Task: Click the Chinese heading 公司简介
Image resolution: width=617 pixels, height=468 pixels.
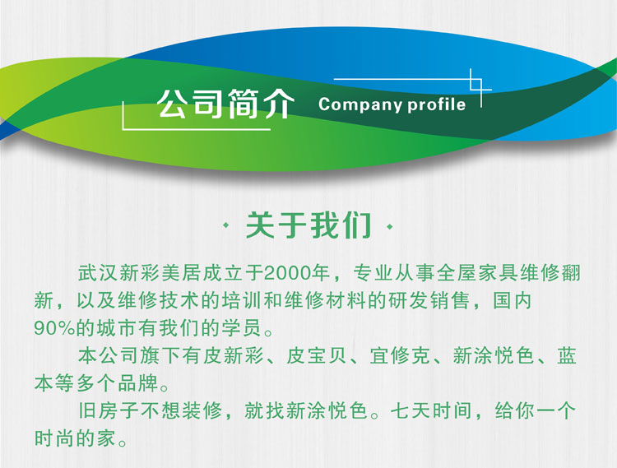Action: [226, 104]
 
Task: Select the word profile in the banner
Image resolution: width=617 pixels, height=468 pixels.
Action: [436, 104]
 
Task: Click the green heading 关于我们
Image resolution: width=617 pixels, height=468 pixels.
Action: [308, 225]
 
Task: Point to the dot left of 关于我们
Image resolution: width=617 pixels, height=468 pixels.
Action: [226, 226]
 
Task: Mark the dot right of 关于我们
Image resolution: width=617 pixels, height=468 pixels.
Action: [390, 226]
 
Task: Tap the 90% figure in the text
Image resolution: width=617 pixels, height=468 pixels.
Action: [54, 328]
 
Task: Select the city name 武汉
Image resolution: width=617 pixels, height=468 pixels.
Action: [98, 273]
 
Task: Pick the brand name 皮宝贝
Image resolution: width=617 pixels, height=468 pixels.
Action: [317, 355]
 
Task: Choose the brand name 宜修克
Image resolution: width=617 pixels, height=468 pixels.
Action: [399, 355]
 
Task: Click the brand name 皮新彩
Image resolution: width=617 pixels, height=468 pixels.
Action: [234, 355]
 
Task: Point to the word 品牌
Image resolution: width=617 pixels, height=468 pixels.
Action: [137, 383]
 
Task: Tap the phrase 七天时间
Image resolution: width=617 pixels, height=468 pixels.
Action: [431, 411]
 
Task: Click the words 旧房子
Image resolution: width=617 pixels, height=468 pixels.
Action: [109, 411]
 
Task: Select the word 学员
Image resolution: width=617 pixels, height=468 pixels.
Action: [242, 328]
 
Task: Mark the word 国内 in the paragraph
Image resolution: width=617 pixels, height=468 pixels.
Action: [513, 301]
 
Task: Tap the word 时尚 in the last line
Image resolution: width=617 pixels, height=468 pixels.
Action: [54, 438]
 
